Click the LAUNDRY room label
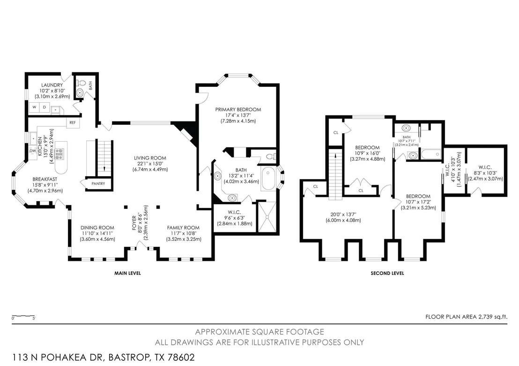pyautogui.click(x=52, y=85)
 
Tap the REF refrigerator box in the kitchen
pyautogui.click(x=73, y=122)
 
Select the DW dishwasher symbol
pyautogui.click(x=32, y=151)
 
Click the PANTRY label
pyautogui.click(x=98, y=184)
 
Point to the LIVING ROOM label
pyautogui.click(x=150, y=158)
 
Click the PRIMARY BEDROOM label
pyautogui.click(x=238, y=109)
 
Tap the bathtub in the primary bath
pyautogui.click(x=268, y=179)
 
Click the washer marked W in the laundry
pyautogui.click(x=34, y=108)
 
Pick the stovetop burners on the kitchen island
pyautogui.click(x=59, y=154)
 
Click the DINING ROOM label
pyautogui.click(x=97, y=228)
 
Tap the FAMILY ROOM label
pyautogui.click(x=183, y=228)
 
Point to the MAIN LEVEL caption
pyautogui.click(x=127, y=273)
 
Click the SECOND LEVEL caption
pyautogui.click(x=387, y=273)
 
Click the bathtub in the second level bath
pyautogui.click(x=431, y=154)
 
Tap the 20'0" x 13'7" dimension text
pyautogui.click(x=343, y=215)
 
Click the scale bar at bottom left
pyautogui.click(x=23, y=316)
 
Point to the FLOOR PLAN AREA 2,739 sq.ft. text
pyautogui.click(x=466, y=317)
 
